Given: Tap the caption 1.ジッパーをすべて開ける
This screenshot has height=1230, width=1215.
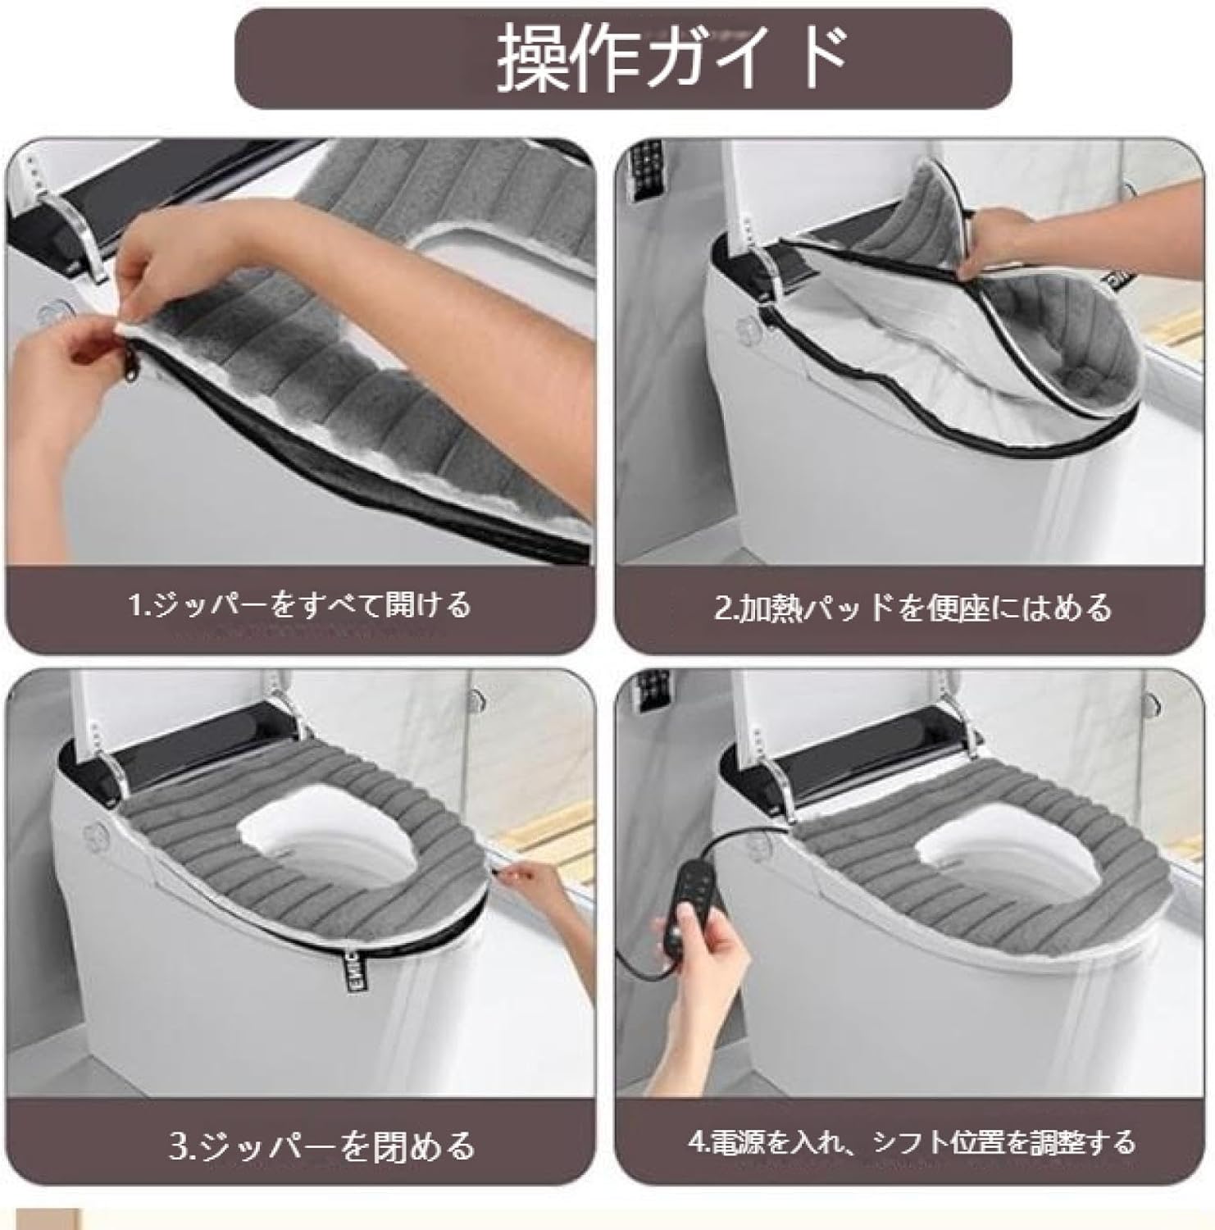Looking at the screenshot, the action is point(300,606).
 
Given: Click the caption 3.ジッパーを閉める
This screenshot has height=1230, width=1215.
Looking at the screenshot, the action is point(322,1144).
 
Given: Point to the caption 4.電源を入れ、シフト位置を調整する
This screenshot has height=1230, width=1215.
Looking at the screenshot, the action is point(912,1141).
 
